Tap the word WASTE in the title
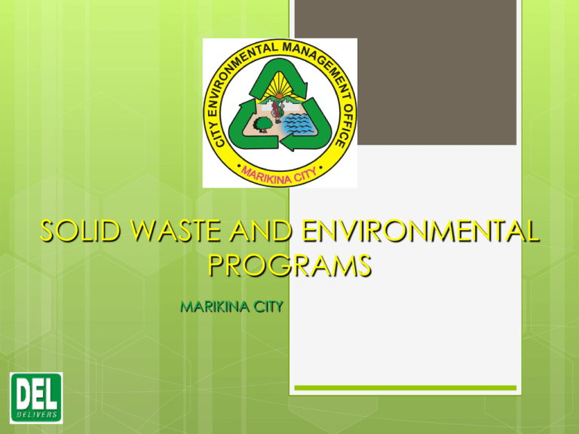point(180,231)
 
